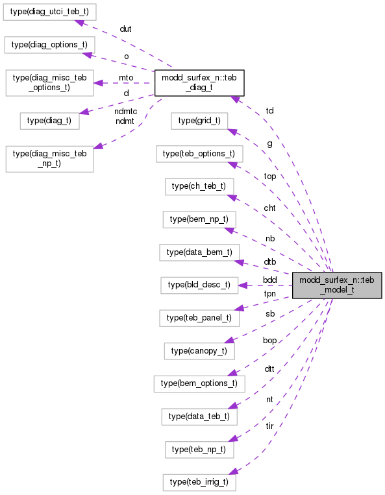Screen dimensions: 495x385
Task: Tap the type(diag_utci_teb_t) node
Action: (x=51, y=11)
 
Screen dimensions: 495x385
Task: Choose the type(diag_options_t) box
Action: (x=51, y=45)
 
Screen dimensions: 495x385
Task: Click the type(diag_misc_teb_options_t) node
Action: (x=49, y=82)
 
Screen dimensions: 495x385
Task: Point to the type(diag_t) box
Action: (x=49, y=120)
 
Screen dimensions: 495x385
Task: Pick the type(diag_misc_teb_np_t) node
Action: (x=49, y=158)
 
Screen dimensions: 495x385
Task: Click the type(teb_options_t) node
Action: (x=199, y=154)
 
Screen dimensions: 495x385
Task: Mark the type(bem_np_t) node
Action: (x=199, y=220)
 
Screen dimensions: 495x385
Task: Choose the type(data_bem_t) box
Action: (x=199, y=252)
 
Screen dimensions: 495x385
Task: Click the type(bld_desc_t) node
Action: (x=199, y=285)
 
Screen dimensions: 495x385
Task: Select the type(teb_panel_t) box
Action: (x=199, y=318)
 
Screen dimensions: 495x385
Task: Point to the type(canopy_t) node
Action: (x=199, y=351)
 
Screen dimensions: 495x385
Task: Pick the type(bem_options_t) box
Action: (x=199, y=384)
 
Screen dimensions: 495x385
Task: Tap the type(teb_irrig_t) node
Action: (x=199, y=483)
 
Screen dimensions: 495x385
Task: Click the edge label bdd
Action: (x=269, y=280)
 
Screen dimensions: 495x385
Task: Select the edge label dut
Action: (x=125, y=30)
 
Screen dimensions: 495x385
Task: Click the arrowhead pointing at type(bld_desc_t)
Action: (x=242, y=285)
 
